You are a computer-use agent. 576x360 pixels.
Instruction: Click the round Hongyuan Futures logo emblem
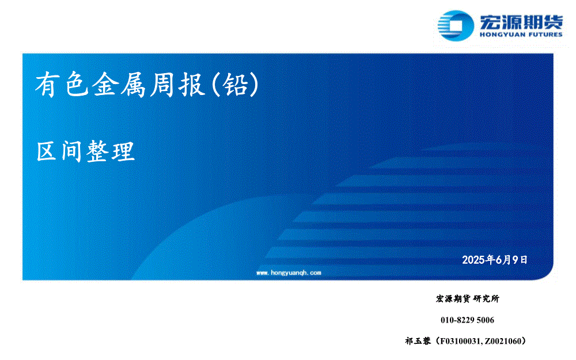pos(456,25)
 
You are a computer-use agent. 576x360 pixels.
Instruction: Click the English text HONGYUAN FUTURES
pos(521,35)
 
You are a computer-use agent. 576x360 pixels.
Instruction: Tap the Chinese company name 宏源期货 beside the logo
pos(521,21)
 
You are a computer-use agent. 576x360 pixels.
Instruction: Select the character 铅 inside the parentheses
pos(235,85)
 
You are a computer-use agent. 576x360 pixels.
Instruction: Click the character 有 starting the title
pos(48,85)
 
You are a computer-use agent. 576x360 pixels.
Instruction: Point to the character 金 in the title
pos(105,85)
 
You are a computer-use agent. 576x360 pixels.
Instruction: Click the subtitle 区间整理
pos(86,151)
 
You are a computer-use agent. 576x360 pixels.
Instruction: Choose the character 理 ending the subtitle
pos(124,151)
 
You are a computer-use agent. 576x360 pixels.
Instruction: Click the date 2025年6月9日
pos(495,260)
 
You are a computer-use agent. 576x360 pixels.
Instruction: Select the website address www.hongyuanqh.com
pos(289,272)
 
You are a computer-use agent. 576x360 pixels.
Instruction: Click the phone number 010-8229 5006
pos(467,320)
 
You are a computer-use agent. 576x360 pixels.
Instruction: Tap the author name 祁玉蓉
pos(418,341)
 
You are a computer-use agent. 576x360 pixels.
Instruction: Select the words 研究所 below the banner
pos(486,298)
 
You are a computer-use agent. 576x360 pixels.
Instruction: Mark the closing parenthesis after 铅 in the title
pos(254,85)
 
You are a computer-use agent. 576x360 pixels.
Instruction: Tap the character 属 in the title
pos(134,85)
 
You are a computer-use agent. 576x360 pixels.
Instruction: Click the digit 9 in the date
pos(515,260)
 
